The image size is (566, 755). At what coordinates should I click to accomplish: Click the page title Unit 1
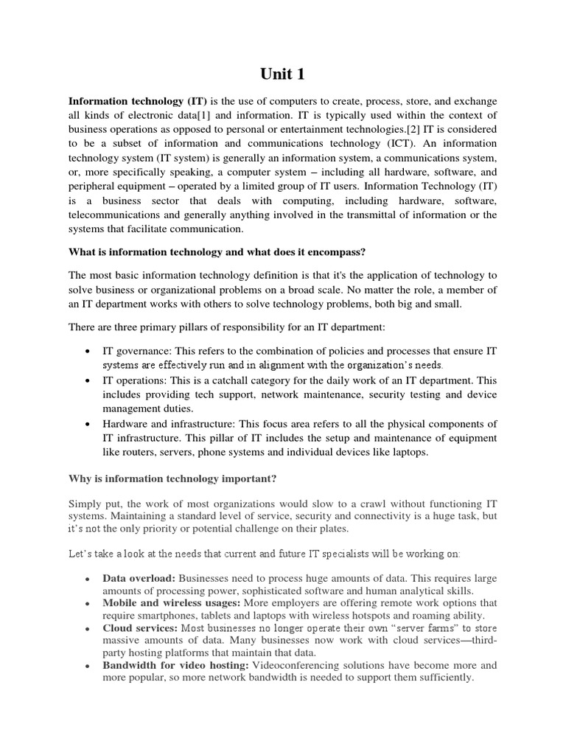point(282,74)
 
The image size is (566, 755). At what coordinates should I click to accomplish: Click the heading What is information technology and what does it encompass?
point(217,251)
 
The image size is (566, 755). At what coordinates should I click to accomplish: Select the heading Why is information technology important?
point(172,479)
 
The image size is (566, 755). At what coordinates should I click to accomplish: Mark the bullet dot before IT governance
point(88,352)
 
